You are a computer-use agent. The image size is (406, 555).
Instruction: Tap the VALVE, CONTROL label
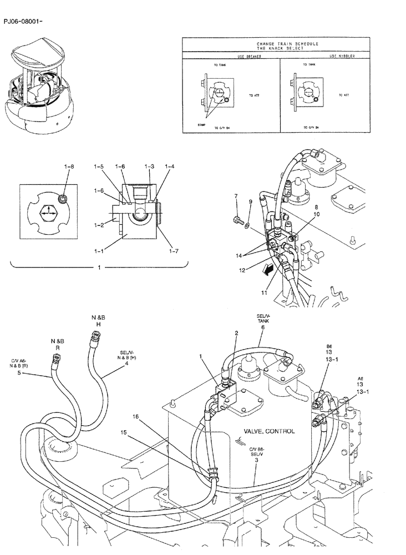click(x=269, y=431)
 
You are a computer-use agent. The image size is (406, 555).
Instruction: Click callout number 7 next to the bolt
click(x=236, y=196)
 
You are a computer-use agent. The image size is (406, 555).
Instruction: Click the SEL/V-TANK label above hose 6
click(x=262, y=320)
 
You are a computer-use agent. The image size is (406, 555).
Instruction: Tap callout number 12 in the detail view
click(x=242, y=270)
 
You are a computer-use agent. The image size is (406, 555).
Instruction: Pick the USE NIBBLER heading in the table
click(x=342, y=57)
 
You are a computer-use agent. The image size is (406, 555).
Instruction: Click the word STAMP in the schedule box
click(x=201, y=125)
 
